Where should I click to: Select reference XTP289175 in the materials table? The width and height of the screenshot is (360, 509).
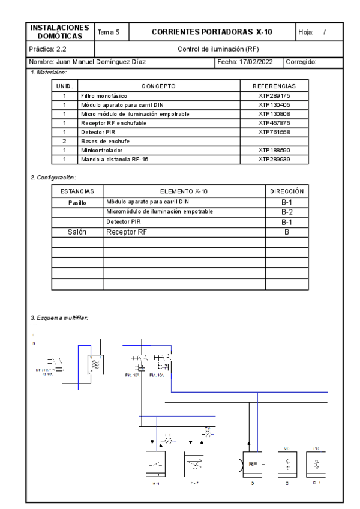pos(275,95)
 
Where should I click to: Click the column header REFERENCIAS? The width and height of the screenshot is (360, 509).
pos(275,86)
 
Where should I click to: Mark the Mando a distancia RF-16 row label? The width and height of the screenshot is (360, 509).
pos(113,160)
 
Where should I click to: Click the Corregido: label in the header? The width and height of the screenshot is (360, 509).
pos(305,62)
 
